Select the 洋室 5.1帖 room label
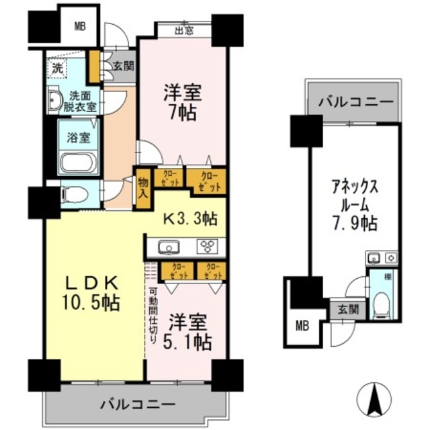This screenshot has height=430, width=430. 189,332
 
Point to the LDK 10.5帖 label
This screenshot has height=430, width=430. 93,292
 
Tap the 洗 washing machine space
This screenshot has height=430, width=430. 58,68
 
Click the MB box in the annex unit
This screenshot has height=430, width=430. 302,327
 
